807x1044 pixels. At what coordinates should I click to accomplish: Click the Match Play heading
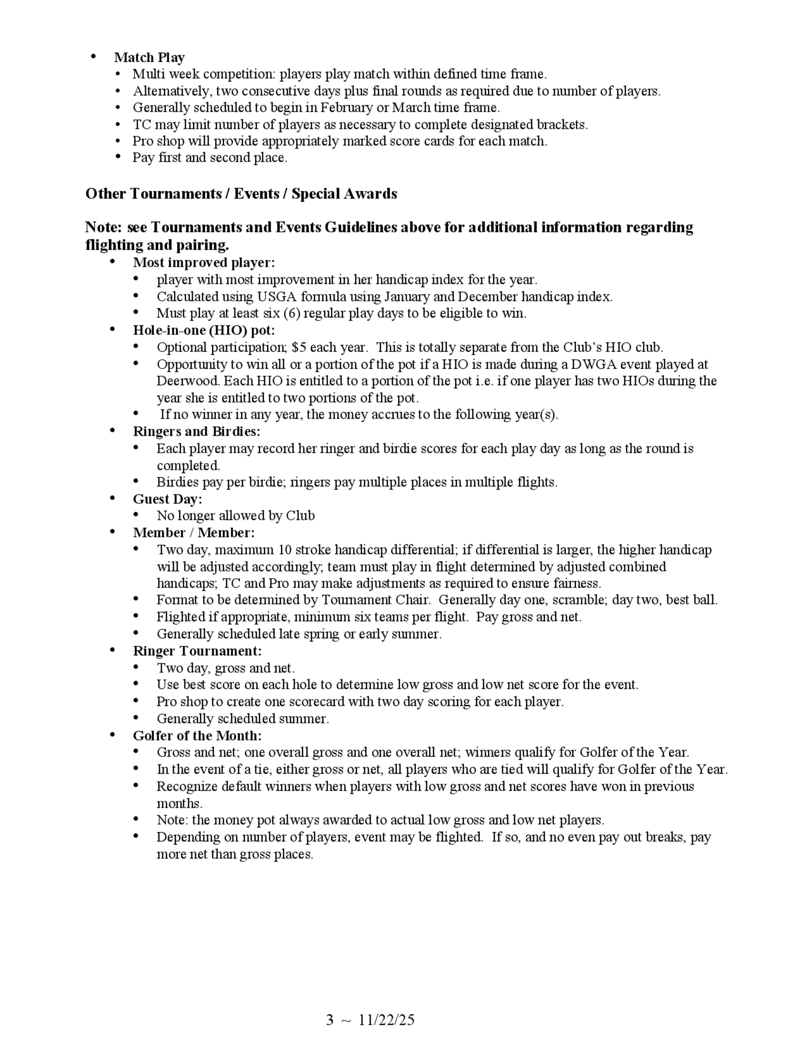149,57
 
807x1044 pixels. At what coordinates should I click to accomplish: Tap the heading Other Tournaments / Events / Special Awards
241,194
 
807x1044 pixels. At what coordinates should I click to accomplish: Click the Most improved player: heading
204,263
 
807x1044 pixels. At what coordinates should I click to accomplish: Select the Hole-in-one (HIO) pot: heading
204,330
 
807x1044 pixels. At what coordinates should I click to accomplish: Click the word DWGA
595,364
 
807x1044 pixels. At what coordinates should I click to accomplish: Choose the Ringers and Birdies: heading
197,432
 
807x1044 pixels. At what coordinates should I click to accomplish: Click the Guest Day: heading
167,499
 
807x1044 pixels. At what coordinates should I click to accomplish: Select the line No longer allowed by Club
235,516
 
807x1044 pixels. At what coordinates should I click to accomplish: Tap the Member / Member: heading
194,532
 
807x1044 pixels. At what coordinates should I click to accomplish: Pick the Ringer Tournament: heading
197,651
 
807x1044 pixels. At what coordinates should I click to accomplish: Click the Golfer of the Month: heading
197,736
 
